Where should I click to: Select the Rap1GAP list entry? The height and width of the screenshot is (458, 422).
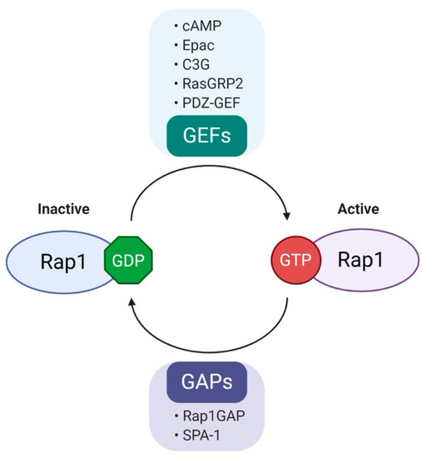pos(214,416)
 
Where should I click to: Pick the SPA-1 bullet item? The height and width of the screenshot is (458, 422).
pos(205,436)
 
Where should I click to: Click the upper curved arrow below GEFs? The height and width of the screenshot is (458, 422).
pos(208,172)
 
